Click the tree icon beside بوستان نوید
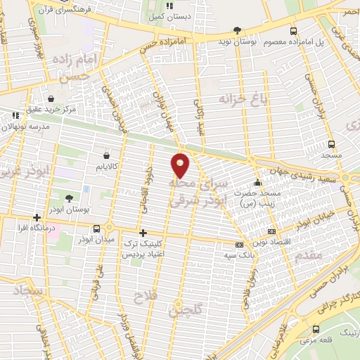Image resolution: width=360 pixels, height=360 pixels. click(x=237, y=30)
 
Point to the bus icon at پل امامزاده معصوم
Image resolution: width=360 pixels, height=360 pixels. click(x=293, y=30)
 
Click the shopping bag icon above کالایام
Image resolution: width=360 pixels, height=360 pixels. click(x=105, y=155)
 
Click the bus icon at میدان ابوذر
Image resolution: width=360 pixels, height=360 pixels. click(x=97, y=227)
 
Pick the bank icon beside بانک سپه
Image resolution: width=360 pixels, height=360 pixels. click(x=239, y=245)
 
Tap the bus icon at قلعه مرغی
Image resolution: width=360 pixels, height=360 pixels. click(x=314, y=329)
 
